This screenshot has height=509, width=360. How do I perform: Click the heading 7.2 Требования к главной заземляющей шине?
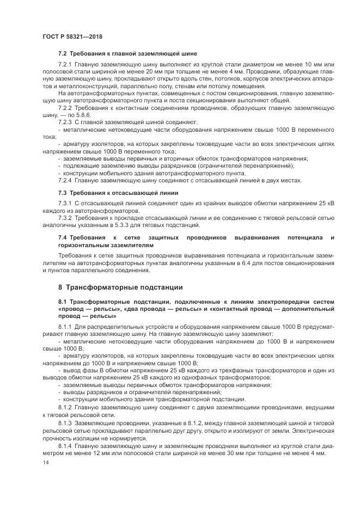127,54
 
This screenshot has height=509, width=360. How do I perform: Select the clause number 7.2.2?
66,108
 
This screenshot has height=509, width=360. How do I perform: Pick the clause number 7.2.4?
66,180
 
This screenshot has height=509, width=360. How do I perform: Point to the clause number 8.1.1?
66,326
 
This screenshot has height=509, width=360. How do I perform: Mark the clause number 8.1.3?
66,424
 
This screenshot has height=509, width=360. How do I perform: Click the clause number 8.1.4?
66,446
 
